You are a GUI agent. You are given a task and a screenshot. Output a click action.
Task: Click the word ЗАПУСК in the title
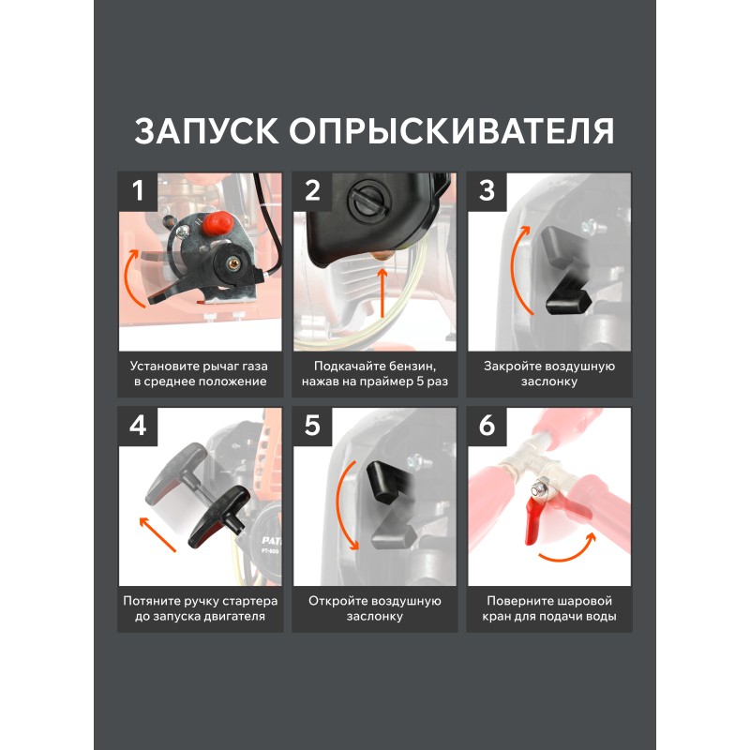coord(206,130)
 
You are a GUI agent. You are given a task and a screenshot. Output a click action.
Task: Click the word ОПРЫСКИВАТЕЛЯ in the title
coord(452,130)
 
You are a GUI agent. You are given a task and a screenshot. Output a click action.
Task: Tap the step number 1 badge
coord(138,191)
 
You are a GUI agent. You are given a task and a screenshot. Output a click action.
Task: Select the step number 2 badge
coord(312,191)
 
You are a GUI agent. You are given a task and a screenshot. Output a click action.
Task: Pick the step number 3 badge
coord(487,191)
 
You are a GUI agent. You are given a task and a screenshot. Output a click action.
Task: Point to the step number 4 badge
coord(138,426)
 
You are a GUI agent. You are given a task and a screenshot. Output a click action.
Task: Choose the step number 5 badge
coord(312,426)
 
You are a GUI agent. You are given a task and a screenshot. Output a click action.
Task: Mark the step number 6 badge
coord(487,426)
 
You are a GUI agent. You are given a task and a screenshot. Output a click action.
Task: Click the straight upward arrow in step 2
coord(382,292)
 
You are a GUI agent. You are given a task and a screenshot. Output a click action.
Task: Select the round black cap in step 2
coord(371,199)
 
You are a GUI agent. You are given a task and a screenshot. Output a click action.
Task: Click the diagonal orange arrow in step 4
coord(157,534)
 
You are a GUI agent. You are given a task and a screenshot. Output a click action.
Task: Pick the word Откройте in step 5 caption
coord(337,601)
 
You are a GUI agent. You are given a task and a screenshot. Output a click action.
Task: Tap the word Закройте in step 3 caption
coord(512,367)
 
